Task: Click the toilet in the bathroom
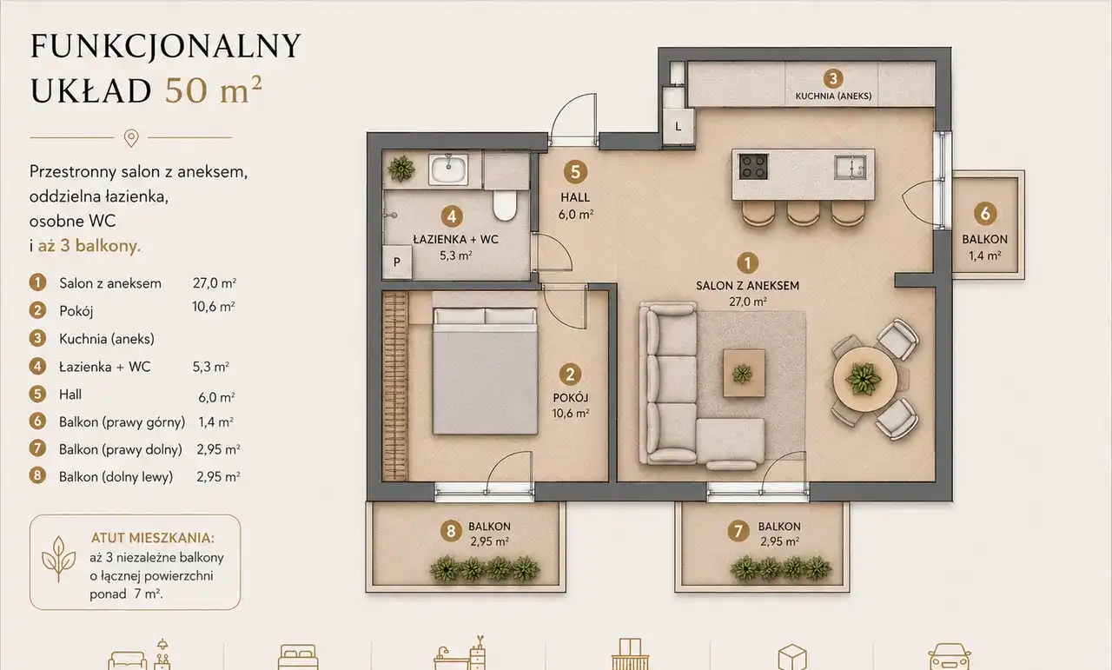pos(505,204)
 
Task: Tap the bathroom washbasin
pos(449,169)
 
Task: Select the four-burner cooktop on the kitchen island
pos(753,166)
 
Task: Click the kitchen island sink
pos(851,166)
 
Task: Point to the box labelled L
pos(678,127)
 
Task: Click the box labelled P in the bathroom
pos(397,262)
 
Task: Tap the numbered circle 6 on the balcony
pos(985,214)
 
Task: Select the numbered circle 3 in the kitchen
pos(833,78)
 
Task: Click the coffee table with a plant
pos(743,373)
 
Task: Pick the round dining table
pos(864,379)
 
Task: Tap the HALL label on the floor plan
pos(575,197)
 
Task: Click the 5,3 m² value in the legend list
pos(211,367)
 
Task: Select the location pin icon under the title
pos(131,138)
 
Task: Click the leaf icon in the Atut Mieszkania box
pos(58,559)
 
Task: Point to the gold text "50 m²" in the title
pos(214,90)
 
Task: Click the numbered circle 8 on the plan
pos(451,531)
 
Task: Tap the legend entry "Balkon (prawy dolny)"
pos(121,449)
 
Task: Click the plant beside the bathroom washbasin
pos(401,169)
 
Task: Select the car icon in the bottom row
pos(950,657)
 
